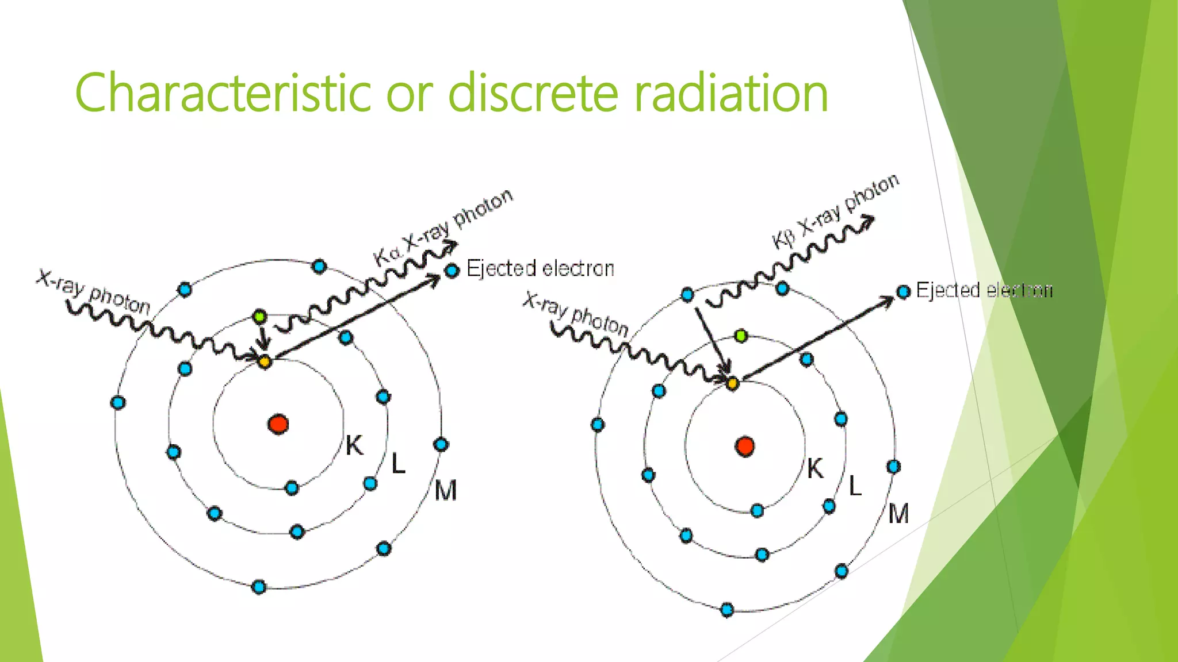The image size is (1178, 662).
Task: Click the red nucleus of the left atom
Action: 278,424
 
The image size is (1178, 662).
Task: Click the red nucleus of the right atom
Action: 745,447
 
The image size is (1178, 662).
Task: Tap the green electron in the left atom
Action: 260,316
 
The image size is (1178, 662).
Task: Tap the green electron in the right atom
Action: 741,336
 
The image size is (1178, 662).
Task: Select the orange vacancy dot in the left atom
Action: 265,361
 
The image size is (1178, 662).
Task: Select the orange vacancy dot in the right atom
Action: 732,383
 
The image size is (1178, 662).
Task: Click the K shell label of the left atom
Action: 354,445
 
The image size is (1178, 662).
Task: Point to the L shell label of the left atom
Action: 398,464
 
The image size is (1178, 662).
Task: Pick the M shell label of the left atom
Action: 446,491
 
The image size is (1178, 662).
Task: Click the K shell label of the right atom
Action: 815,469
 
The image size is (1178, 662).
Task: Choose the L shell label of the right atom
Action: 855,487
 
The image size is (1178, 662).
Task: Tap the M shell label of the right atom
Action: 898,514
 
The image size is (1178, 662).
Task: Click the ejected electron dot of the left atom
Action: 453,270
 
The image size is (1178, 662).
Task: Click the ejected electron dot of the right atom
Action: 904,292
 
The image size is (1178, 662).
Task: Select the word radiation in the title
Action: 731,93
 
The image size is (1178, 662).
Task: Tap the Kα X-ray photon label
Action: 443,227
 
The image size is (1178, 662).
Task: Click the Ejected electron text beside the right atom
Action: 984,290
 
